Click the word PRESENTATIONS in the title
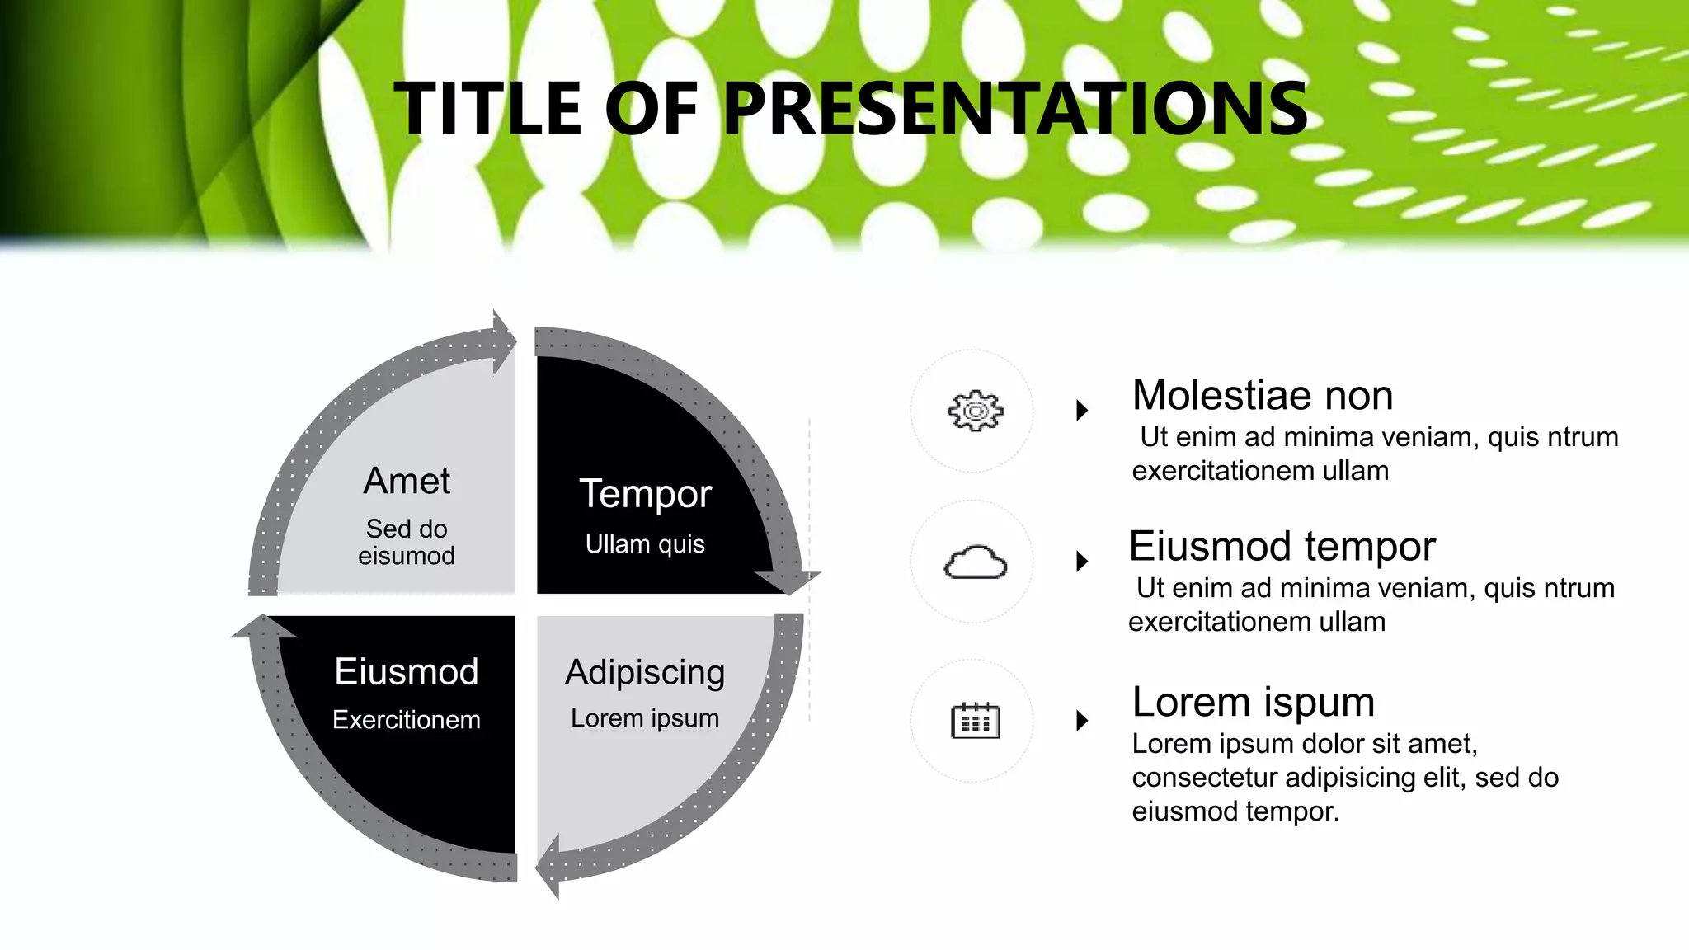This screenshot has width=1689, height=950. click(x=1014, y=109)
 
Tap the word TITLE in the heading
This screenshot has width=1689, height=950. click(x=488, y=109)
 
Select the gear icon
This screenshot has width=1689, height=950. click(x=975, y=410)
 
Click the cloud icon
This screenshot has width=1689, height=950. click(x=975, y=563)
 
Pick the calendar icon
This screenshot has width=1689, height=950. click(x=975, y=721)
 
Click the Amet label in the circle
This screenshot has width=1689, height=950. click(x=407, y=481)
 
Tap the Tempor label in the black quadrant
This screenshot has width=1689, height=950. click(x=645, y=493)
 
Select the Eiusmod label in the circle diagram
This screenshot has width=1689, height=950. click(x=407, y=671)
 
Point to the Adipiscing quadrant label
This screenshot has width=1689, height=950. click(x=645, y=672)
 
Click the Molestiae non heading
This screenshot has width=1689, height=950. click(x=1262, y=395)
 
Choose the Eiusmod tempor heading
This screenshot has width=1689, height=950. click(x=1282, y=546)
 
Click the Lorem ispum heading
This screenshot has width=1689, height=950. click(x=1253, y=702)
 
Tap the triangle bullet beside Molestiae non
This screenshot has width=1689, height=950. click(x=1082, y=410)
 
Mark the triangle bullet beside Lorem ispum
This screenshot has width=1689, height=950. click(x=1082, y=721)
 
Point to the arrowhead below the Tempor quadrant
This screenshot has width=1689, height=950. click(x=788, y=581)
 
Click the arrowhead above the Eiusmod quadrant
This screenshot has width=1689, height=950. click(x=264, y=628)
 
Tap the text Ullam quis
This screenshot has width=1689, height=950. click(x=645, y=544)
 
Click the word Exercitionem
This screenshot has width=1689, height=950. click(x=407, y=720)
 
